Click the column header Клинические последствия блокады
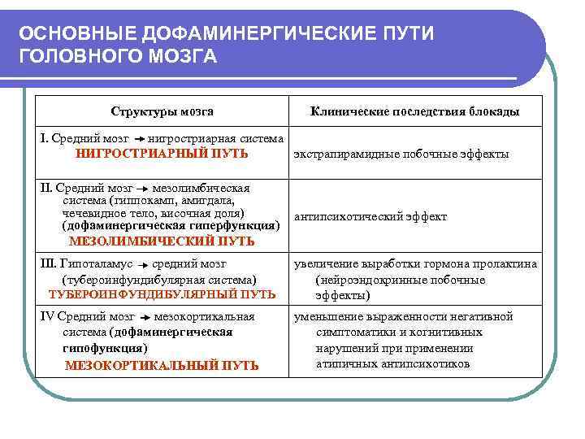tap(415, 111)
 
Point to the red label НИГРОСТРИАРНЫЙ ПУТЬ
tap(162, 153)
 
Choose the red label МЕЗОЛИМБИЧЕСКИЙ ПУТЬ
tap(162, 241)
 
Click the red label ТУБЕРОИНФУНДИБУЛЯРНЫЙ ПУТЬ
tap(162, 293)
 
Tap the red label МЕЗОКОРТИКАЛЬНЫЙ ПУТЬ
tap(162, 365)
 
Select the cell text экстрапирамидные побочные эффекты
tap(401, 154)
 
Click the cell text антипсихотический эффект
tap(370, 217)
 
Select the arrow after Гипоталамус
tap(141, 265)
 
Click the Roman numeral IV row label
tap(46, 317)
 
